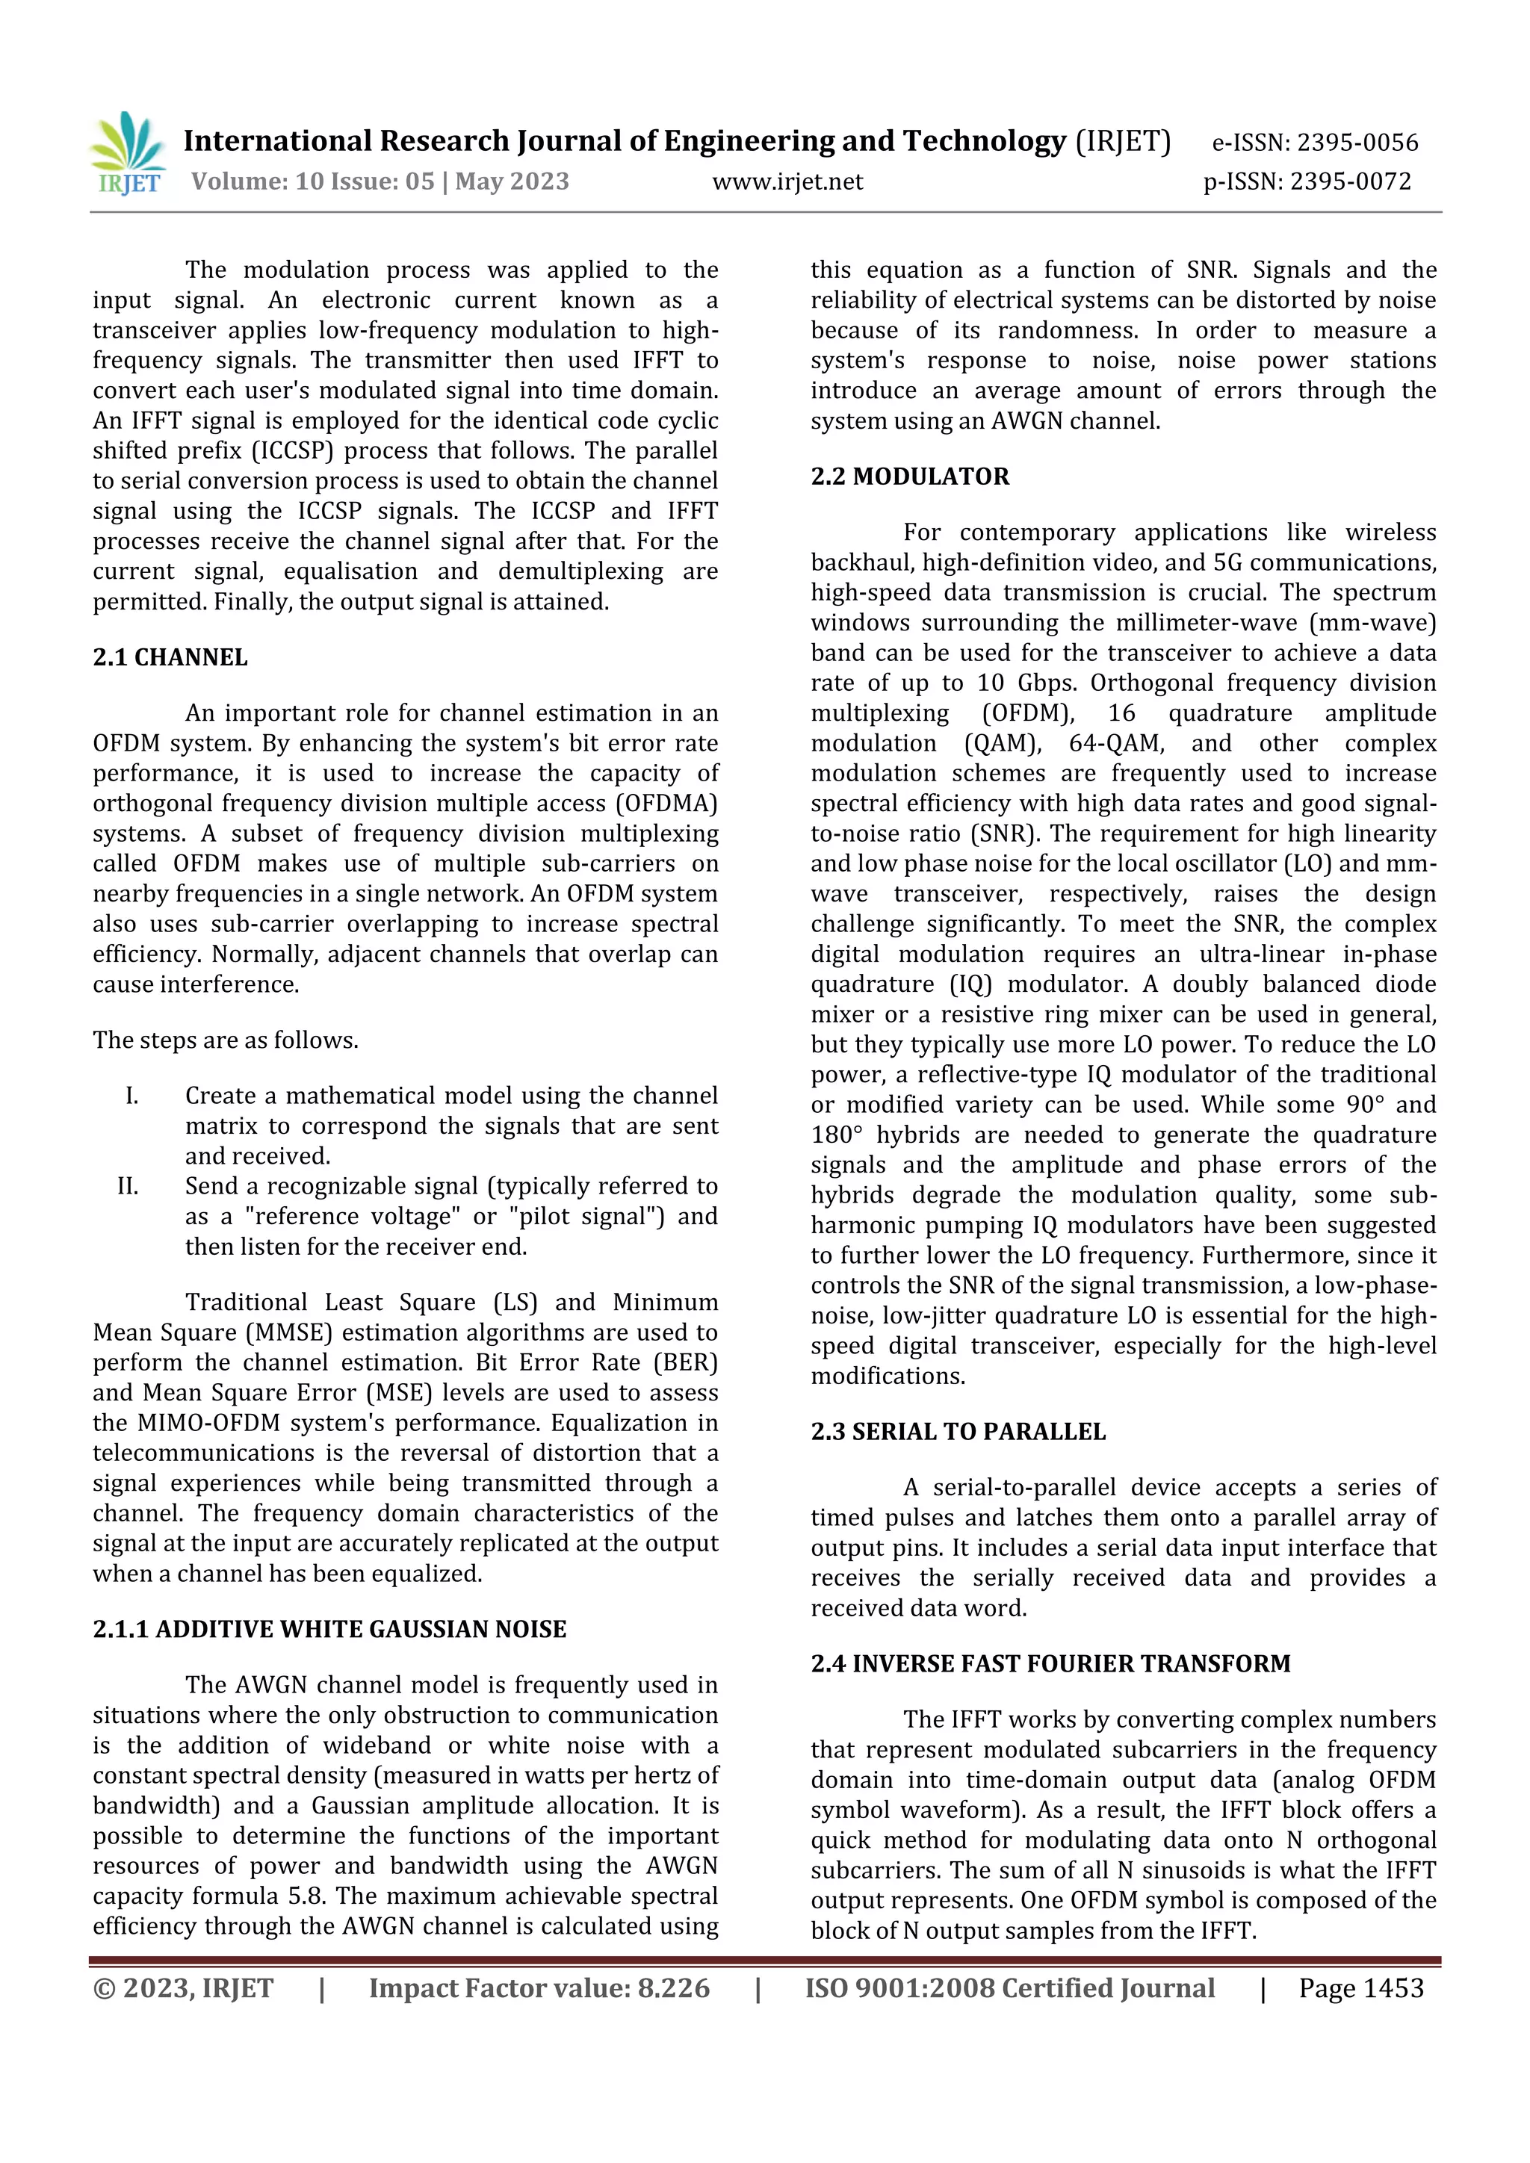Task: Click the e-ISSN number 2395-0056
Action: [x=1357, y=143]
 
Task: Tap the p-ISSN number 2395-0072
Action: [x=1350, y=181]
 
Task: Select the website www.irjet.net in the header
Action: [x=787, y=181]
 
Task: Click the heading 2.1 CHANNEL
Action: [x=170, y=657]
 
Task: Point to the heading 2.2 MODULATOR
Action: [x=909, y=477]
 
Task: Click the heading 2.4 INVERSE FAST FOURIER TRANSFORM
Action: [x=1050, y=1663]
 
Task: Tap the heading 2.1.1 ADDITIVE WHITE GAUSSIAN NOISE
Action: [x=329, y=1630]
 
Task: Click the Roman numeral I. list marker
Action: [x=132, y=1096]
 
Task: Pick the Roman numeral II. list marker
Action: [x=128, y=1186]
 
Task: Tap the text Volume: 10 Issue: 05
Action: [x=313, y=181]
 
